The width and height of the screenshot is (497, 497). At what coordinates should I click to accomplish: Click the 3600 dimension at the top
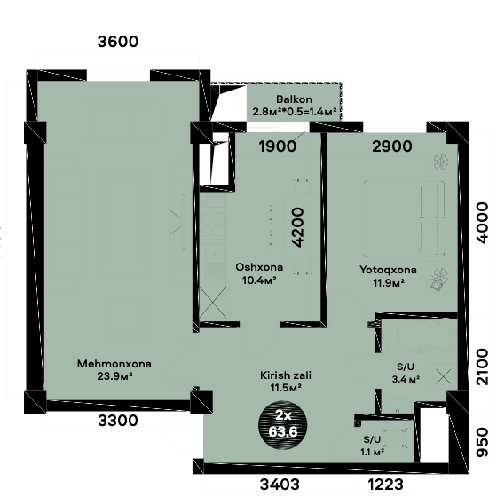(117, 42)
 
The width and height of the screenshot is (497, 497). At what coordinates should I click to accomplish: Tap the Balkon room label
(294, 99)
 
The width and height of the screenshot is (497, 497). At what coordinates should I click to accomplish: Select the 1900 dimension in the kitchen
(278, 146)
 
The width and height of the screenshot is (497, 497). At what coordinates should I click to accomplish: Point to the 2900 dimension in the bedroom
(392, 146)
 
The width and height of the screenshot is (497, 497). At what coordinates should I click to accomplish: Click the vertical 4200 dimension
(298, 227)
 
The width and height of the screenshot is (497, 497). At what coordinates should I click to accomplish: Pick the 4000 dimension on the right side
(483, 223)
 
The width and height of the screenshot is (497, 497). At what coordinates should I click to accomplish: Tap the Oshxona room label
(259, 267)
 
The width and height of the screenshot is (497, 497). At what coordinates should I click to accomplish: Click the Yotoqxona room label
(388, 270)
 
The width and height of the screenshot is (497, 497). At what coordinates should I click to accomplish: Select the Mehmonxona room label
(114, 364)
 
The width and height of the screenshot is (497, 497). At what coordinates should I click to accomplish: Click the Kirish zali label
(286, 375)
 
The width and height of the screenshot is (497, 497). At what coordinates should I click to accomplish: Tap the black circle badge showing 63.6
(283, 425)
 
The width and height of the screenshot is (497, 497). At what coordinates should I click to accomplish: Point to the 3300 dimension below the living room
(118, 421)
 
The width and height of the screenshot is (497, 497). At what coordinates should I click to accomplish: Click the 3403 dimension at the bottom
(280, 485)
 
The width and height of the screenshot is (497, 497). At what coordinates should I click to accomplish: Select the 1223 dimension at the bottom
(386, 485)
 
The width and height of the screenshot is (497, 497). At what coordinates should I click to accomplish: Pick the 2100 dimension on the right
(483, 367)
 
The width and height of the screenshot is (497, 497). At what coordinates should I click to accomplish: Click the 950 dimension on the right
(483, 442)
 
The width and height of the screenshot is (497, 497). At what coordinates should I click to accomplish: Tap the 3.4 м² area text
(406, 379)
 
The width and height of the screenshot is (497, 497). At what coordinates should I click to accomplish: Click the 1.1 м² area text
(373, 452)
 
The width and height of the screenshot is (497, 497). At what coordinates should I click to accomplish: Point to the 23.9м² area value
(114, 376)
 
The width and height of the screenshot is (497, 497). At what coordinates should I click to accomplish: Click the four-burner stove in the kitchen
(213, 225)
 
